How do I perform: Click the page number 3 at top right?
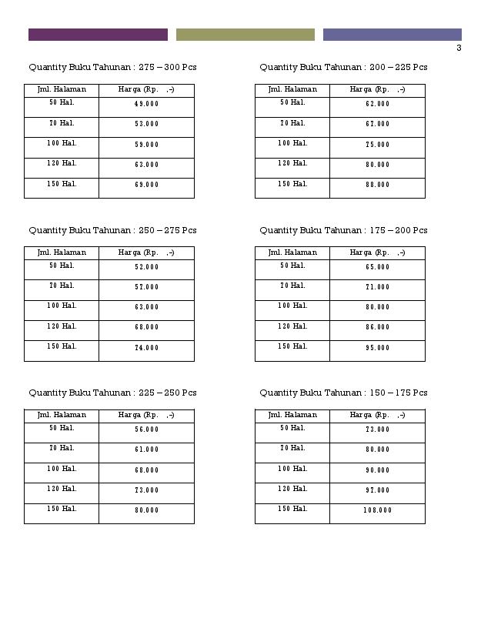click(459, 48)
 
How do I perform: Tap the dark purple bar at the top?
click(98, 35)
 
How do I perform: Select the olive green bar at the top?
click(245, 35)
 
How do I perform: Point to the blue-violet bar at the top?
click(392, 35)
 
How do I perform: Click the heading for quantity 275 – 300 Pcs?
click(112, 68)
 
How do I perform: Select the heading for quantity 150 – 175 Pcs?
click(343, 393)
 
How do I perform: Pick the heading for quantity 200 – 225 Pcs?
click(343, 68)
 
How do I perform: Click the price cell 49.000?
click(146, 104)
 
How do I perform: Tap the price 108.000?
click(377, 510)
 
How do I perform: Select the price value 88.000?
click(377, 185)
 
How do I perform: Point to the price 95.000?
click(377, 348)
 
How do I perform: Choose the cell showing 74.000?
click(146, 348)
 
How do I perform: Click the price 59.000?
click(146, 145)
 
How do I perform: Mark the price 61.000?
click(146, 450)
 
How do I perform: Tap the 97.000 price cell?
click(377, 490)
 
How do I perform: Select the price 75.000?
click(377, 145)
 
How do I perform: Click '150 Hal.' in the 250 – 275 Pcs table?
click(62, 346)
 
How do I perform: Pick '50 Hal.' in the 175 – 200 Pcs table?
click(292, 266)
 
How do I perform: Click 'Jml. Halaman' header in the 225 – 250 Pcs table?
click(62, 415)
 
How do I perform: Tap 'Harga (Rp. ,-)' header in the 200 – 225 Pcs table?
click(377, 90)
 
